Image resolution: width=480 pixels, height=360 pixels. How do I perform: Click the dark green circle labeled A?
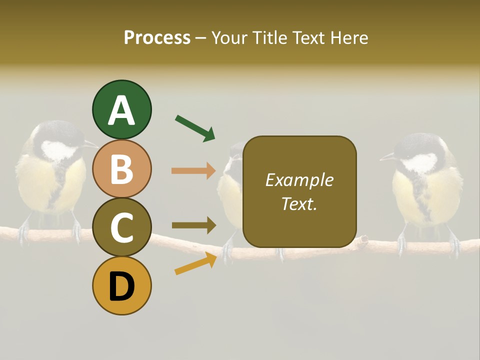pos(121,109)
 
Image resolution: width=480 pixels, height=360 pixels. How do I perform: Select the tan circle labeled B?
pos(121,168)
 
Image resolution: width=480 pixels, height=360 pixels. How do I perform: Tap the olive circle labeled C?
pos(121,227)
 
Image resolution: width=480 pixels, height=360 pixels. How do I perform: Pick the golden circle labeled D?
pos(121,285)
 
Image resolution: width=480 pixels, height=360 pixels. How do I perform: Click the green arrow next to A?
pos(195,128)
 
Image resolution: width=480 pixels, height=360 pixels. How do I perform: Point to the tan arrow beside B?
pos(193,170)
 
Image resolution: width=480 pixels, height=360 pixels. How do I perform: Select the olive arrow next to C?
pos(193,225)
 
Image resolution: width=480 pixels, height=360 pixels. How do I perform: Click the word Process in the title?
pos(157,37)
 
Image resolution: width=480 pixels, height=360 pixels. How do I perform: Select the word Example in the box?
pos(299,180)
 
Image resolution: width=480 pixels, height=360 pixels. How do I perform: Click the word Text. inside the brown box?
pos(299,203)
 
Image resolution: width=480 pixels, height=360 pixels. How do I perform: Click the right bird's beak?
pos(387,157)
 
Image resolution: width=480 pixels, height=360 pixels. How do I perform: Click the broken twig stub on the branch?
pos(362,241)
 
